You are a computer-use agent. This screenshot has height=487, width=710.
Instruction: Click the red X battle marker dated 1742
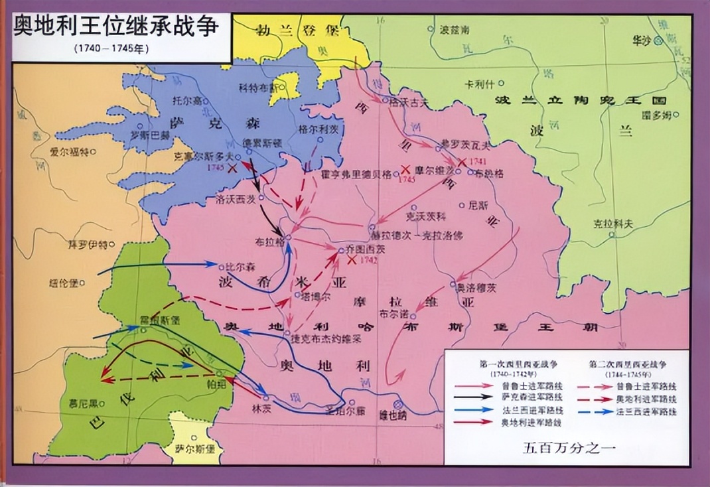coord(352,259)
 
